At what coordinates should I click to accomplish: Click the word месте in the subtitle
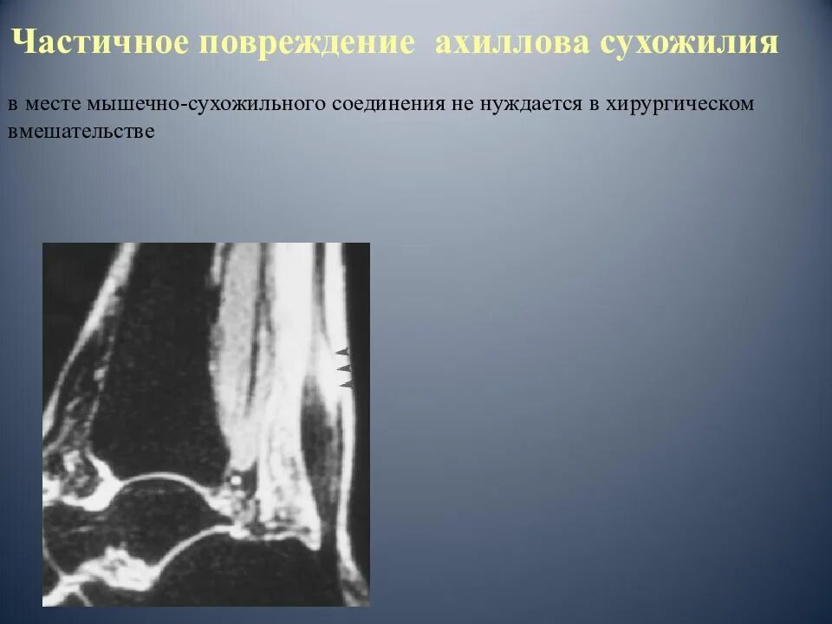[49, 104]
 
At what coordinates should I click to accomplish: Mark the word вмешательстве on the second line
[81, 132]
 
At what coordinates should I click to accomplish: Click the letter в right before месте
[13, 104]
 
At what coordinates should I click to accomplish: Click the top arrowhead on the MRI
[342, 352]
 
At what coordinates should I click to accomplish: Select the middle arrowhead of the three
[343, 367]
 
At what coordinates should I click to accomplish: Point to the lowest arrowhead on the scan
[344, 383]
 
